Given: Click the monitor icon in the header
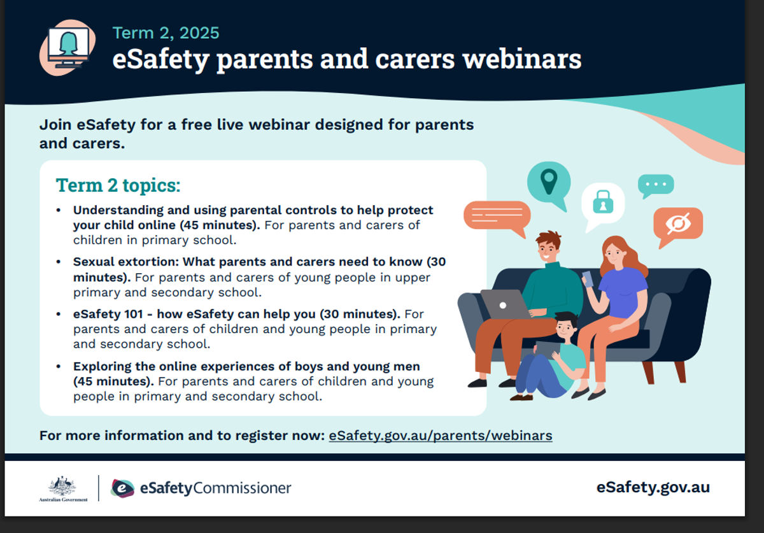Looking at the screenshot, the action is click(x=68, y=47).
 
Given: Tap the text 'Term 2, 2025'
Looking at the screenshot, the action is click(x=166, y=34).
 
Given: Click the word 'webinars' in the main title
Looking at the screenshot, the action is click(x=522, y=59).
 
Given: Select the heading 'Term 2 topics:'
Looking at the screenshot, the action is click(x=118, y=186).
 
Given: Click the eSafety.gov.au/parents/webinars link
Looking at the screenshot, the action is click(x=441, y=436).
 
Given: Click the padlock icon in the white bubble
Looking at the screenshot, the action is click(x=603, y=202).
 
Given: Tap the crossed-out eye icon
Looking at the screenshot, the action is click(x=679, y=224).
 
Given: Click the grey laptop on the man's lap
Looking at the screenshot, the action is click(x=506, y=304).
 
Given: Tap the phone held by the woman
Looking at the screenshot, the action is click(x=587, y=279).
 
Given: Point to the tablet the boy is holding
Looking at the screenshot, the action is click(x=548, y=350).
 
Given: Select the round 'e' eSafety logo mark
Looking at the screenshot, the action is click(x=122, y=488).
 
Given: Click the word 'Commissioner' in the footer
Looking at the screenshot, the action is click(x=242, y=488).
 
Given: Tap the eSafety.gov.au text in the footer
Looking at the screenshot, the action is click(x=653, y=487).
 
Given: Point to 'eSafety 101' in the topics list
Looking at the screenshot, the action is click(x=108, y=314).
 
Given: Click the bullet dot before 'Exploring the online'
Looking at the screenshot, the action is click(x=59, y=367).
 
